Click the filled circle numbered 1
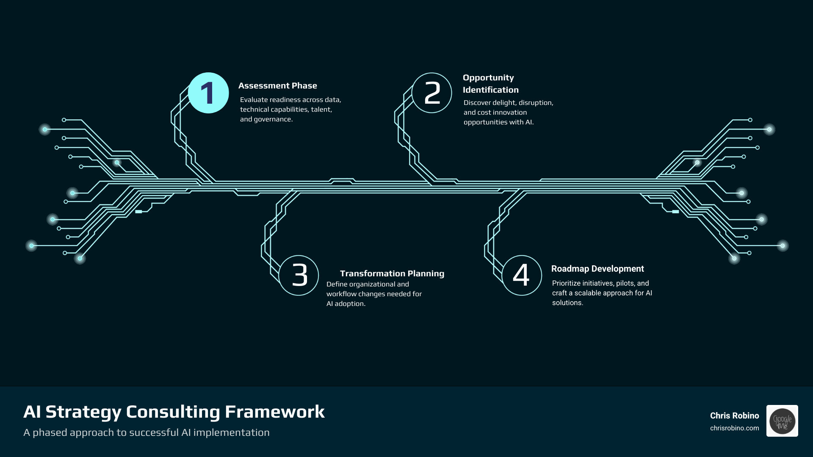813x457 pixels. tap(208, 93)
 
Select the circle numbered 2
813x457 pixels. tap(432, 93)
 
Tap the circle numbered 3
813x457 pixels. tap(299, 275)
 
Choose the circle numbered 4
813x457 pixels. tap(522, 275)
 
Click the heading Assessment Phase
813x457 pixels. tap(277, 85)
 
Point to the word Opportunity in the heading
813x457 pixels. tap(488, 78)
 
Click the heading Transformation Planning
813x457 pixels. tap(392, 273)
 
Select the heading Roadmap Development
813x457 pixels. tap(597, 269)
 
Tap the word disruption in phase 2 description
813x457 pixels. tap(535, 103)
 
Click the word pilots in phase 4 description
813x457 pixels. tap(625, 284)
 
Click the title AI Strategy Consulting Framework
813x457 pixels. tap(174, 412)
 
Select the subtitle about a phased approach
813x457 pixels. tap(146, 432)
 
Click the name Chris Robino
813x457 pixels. tap(734, 416)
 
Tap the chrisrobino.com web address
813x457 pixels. tap(734, 428)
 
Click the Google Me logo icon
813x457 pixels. tap(782, 421)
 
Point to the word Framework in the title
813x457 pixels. tap(274, 412)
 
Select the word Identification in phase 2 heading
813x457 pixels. tap(490, 90)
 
